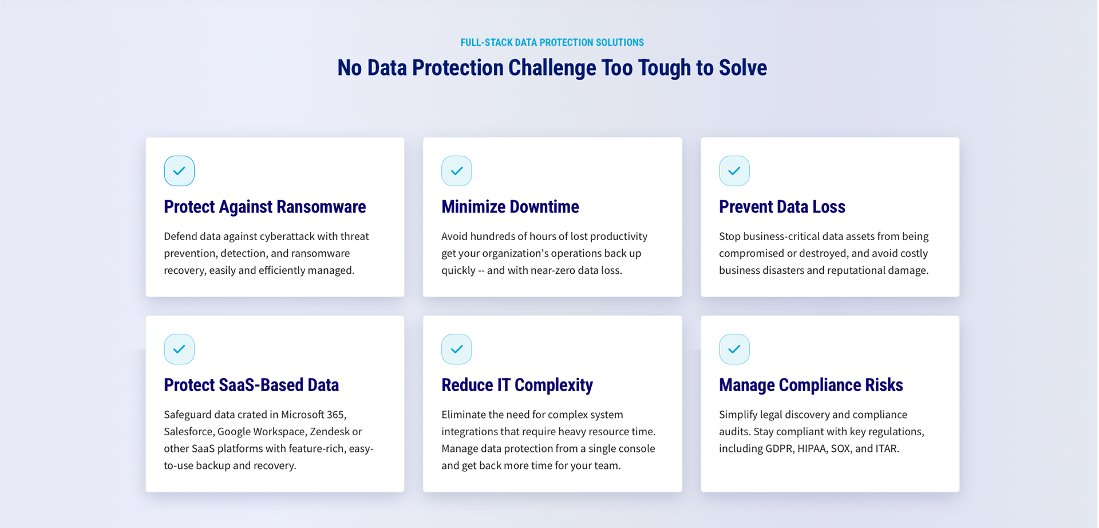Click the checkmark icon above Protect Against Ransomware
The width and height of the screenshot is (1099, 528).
179,171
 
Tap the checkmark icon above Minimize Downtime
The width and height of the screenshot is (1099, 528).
457,171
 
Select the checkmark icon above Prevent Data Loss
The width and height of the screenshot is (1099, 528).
734,171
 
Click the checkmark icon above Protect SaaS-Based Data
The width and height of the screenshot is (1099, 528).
179,349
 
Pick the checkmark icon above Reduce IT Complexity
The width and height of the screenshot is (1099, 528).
457,349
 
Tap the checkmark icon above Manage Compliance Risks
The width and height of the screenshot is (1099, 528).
734,349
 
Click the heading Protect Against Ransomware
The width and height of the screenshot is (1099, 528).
265,207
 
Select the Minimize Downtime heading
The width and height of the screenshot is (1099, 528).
510,207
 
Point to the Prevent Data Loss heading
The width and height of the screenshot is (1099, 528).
782,207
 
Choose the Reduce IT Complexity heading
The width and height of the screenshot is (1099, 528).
517,385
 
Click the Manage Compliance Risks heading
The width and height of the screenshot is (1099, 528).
811,385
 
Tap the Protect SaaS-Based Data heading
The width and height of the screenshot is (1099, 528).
251,385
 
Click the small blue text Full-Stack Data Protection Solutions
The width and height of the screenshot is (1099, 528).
552,42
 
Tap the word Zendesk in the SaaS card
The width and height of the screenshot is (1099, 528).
330,431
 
